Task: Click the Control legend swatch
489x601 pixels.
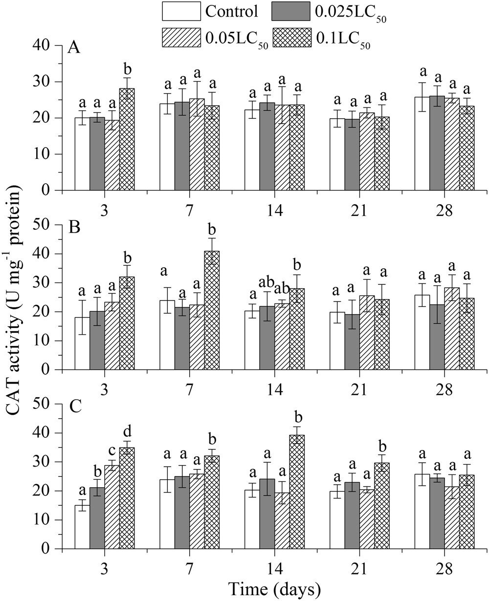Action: coord(181,11)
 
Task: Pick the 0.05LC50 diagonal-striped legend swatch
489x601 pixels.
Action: coord(181,37)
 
